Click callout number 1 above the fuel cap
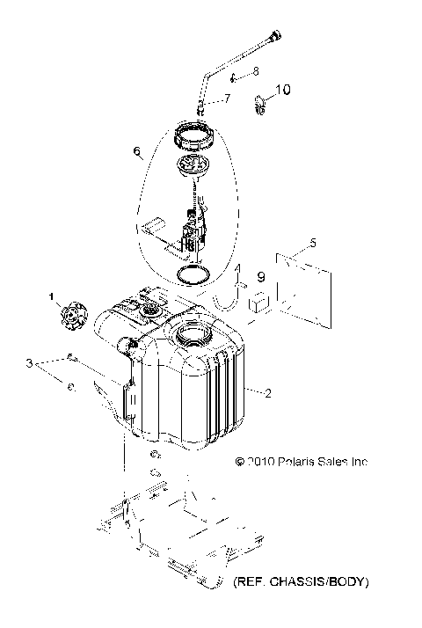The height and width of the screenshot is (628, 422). pyautogui.click(x=52, y=295)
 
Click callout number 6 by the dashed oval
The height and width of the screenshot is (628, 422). pyautogui.click(x=136, y=152)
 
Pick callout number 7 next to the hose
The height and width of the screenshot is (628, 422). pyautogui.click(x=227, y=99)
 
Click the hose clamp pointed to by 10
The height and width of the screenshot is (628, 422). pyautogui.click(x=261, y=106)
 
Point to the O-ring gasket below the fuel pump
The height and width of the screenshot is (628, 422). pyautogui.click(x=191, y=274)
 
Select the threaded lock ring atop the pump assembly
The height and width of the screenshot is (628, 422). pyautogui.click(x=199, y=137)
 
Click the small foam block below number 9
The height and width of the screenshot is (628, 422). pyautogui.click(x=259, y=303)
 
